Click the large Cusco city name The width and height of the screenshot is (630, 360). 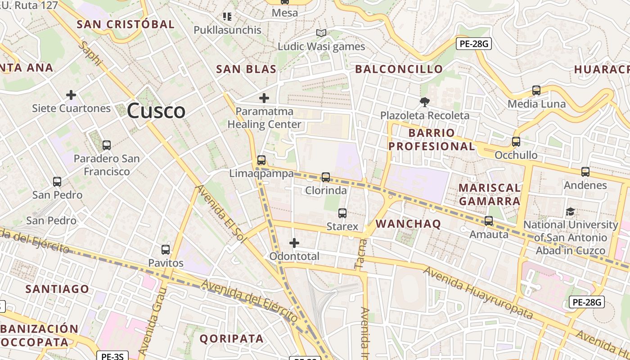point(156,111)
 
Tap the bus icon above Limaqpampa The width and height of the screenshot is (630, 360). point(261,160)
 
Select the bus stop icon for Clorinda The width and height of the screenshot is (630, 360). point(326,177)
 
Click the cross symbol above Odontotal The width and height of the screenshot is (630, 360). point(294,243)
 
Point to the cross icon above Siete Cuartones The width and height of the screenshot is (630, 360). point(71,95)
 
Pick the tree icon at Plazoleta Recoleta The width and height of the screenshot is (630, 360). point(424,102)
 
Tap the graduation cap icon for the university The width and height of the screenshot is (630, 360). point(570,211)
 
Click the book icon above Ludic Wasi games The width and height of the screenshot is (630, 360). point(321,33)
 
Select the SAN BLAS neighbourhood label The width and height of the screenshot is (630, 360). point(246,69)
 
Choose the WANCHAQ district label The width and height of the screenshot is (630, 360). point(408,224)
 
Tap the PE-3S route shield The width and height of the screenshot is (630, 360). point(112,356)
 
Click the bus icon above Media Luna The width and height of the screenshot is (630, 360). point(536,90)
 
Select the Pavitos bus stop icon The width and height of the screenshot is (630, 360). point(166,249)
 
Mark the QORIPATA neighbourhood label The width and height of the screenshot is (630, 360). point(231,338)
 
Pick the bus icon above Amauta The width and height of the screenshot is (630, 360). point(489,221)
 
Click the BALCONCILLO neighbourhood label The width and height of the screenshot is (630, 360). point(399,69)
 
